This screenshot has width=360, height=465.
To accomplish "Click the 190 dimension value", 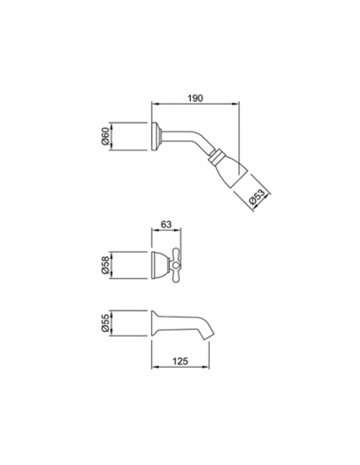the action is click(195, 98).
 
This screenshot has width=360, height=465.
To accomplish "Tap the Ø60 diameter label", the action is click(105, 136).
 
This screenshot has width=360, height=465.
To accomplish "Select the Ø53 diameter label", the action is click(257, 198).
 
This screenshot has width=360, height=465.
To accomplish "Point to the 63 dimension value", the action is click(166, 224).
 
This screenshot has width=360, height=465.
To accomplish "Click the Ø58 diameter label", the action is click(105, 266).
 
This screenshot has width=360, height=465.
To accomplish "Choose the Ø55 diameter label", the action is click(105, 323).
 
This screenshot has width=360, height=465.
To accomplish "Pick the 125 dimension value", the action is click(180, 361).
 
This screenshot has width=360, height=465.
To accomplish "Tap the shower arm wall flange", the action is click(156, 136).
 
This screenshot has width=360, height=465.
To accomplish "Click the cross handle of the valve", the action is click(175, 265).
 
